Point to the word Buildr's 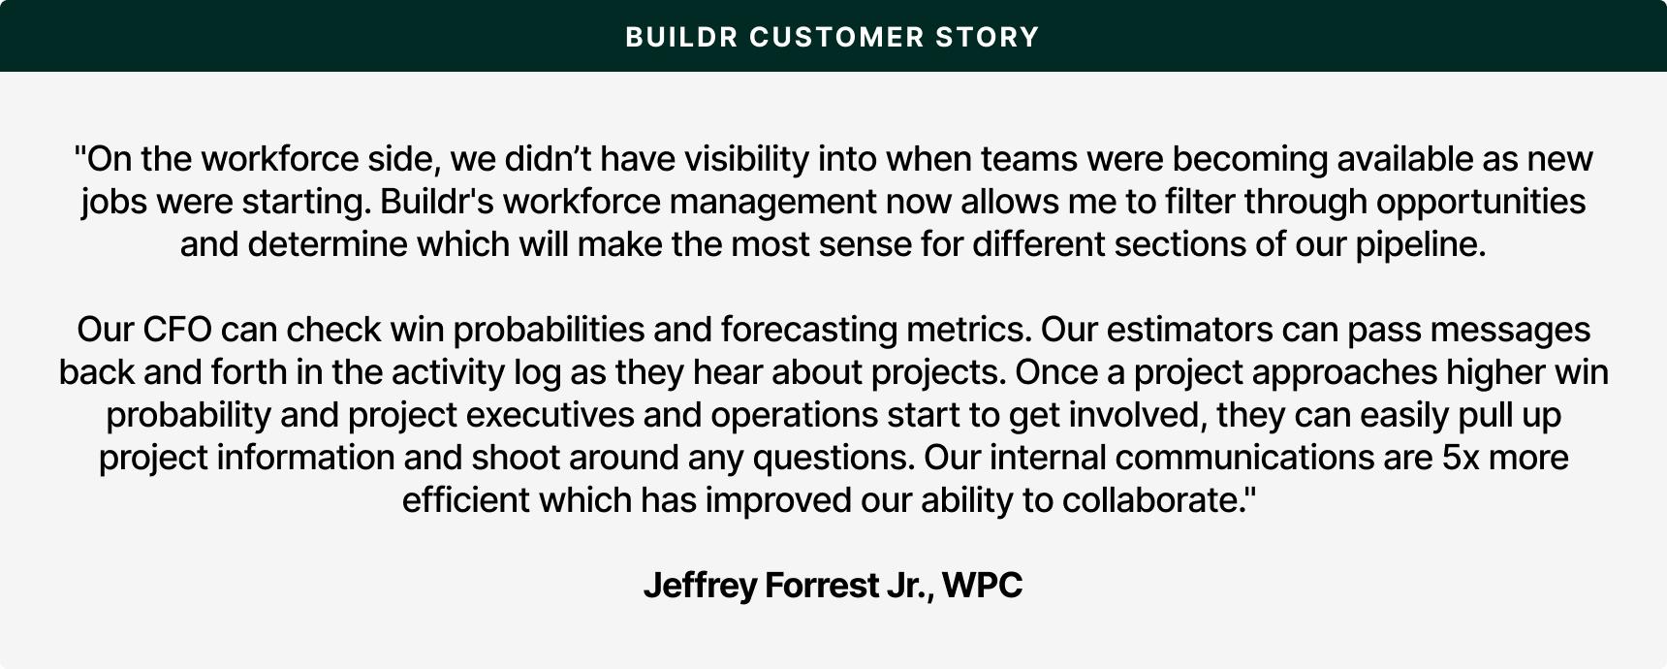(x=436, y=201)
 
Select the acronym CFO (x=176, y=330)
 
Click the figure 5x (x=1461, y=458)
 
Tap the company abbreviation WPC (x=982, y=586)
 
